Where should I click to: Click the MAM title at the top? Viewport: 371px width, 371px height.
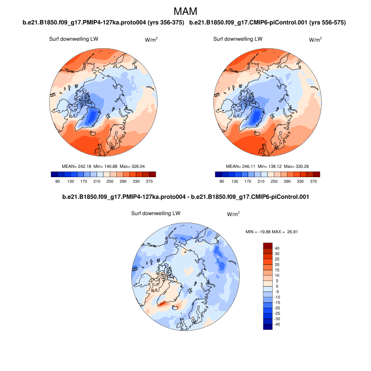tap(185, 11)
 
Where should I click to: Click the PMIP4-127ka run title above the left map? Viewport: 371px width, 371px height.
tap(103, 23)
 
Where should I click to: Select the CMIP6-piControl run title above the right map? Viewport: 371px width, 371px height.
tap(268, 23)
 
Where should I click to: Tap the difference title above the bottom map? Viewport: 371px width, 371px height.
tap(185, 197)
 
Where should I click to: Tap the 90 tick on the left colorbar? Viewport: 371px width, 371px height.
tap(58, 181)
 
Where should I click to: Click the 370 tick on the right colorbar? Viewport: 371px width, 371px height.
tap(313, 181)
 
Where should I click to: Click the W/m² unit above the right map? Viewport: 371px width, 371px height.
tap(315, 40)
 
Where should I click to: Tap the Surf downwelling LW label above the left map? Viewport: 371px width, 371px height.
tap(74, 39)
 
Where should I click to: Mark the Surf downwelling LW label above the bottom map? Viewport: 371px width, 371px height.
tap(156, 214)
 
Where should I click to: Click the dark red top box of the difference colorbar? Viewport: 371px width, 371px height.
tap(268, 245)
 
